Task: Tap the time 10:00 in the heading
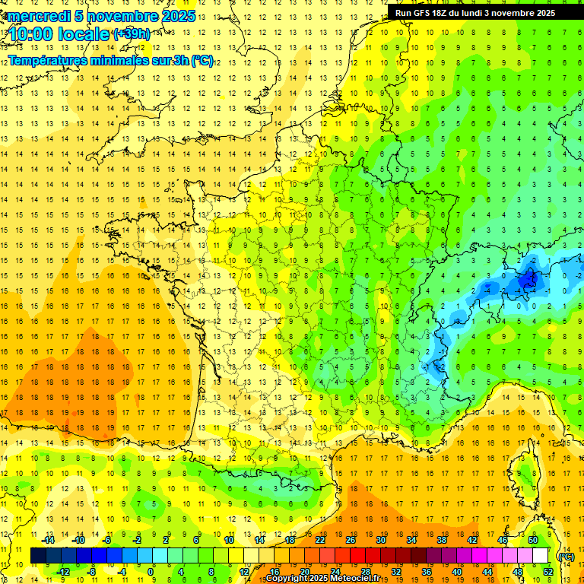[34, 33]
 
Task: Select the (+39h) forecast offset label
[132, 34]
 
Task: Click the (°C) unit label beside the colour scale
[566, 557]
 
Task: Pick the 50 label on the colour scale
[533, 540]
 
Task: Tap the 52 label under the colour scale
[548, 572]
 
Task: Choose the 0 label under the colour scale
[151, 572]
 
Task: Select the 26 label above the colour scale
[351, 540]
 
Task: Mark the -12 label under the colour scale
[64, 572]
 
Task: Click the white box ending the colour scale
[541, 556]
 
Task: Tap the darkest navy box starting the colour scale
[38, 556]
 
